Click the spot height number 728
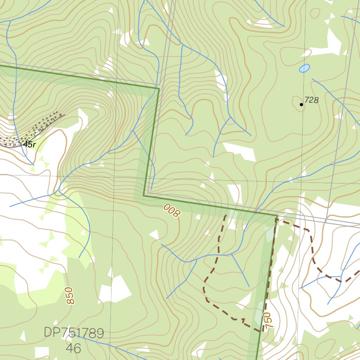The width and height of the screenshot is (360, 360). (311, 100)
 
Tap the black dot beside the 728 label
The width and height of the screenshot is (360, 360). (301, 104)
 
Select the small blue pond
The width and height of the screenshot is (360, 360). (304, 68)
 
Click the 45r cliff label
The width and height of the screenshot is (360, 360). (29, 144)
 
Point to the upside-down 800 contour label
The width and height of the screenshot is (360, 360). (172, 210)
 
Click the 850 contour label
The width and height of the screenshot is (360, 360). (69, 296)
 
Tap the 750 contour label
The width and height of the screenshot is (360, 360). (268, 320)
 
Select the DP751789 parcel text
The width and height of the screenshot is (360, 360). (74, 333)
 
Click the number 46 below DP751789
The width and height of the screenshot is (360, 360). (73, 348)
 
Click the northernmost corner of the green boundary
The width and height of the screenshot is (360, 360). (159, 89)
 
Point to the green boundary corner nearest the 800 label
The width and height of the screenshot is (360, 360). (144, 195)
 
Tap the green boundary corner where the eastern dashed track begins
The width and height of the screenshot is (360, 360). (277, 216)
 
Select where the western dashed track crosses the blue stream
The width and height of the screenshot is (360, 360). (219, 255)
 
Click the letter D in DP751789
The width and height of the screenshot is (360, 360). (48, 333)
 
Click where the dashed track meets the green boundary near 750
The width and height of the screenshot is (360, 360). (263, 331)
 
